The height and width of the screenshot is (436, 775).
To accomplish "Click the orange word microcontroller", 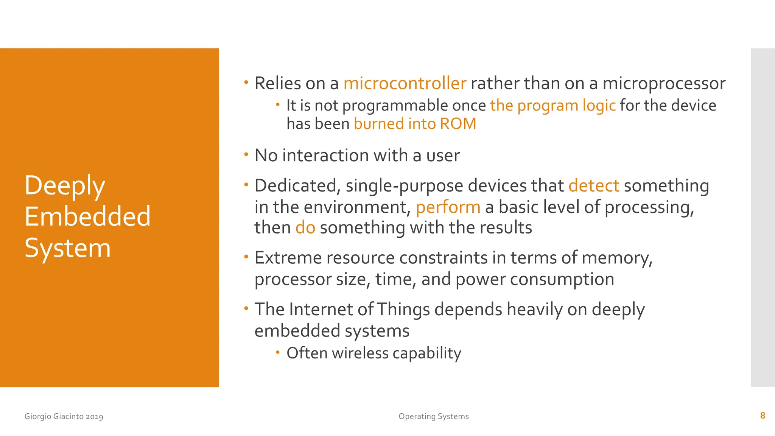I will (405, 84).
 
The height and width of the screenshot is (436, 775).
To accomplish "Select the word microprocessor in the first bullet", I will (664, 84).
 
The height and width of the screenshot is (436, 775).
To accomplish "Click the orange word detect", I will (594, 186).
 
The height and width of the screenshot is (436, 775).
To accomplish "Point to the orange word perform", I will (448, 207).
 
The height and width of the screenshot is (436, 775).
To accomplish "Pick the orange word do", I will (305, 228).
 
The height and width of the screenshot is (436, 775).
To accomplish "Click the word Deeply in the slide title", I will (65, 186).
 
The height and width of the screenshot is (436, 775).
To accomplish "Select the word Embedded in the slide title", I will (87, 216).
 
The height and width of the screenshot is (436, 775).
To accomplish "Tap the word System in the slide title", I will (67, 248).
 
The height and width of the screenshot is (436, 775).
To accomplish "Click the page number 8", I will (763, 416).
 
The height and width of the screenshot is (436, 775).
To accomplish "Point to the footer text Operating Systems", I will (433, 416).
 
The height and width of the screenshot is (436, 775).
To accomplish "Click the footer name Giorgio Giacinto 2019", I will (64, 416).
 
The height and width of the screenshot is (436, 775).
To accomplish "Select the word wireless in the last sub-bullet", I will (360, 353).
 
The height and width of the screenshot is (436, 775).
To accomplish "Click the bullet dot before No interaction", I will (246, 154).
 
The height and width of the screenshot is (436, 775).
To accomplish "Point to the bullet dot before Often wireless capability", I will (278, 352).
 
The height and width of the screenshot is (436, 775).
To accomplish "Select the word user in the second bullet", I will (443, 156).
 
